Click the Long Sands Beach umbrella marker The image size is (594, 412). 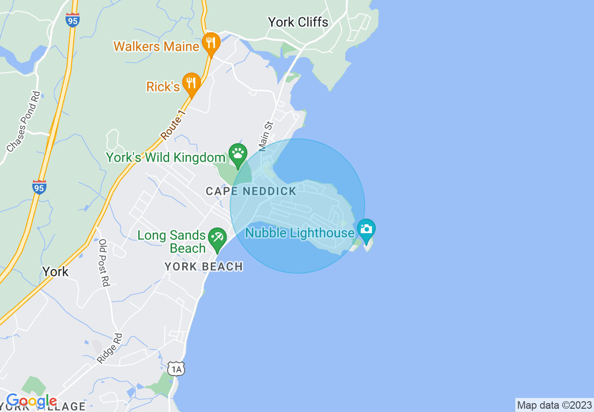217,239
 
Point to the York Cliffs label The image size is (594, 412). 298,22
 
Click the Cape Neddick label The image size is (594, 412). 251,191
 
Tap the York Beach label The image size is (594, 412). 204,267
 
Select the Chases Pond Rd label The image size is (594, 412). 23,121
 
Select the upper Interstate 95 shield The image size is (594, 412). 73,20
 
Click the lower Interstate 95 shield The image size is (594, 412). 39,187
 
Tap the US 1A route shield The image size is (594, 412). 176,368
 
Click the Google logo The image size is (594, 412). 31,401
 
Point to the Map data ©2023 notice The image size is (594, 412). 554,405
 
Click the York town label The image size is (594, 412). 55,272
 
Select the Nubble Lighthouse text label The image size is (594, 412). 300,233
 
